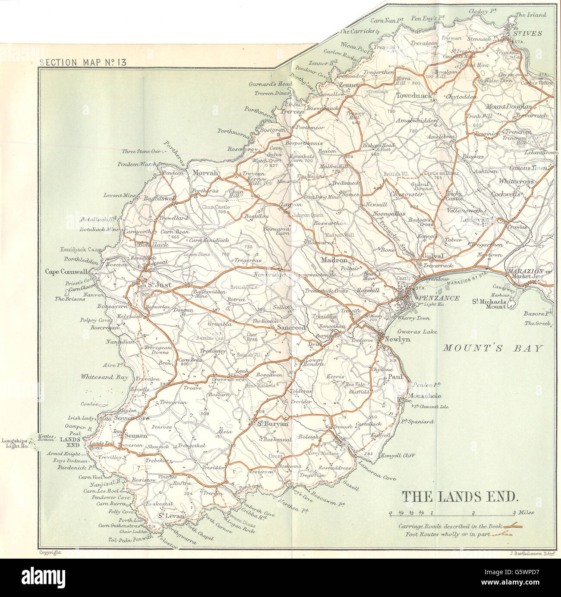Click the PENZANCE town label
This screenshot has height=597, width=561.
[436, 298]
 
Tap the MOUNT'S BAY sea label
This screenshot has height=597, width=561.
[492, 348]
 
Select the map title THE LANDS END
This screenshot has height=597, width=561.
[460, 497]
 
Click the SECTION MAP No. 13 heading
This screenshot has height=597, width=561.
[82, 62]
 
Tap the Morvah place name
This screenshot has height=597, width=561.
[206, 172]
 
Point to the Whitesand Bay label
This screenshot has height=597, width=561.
[104, 377]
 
